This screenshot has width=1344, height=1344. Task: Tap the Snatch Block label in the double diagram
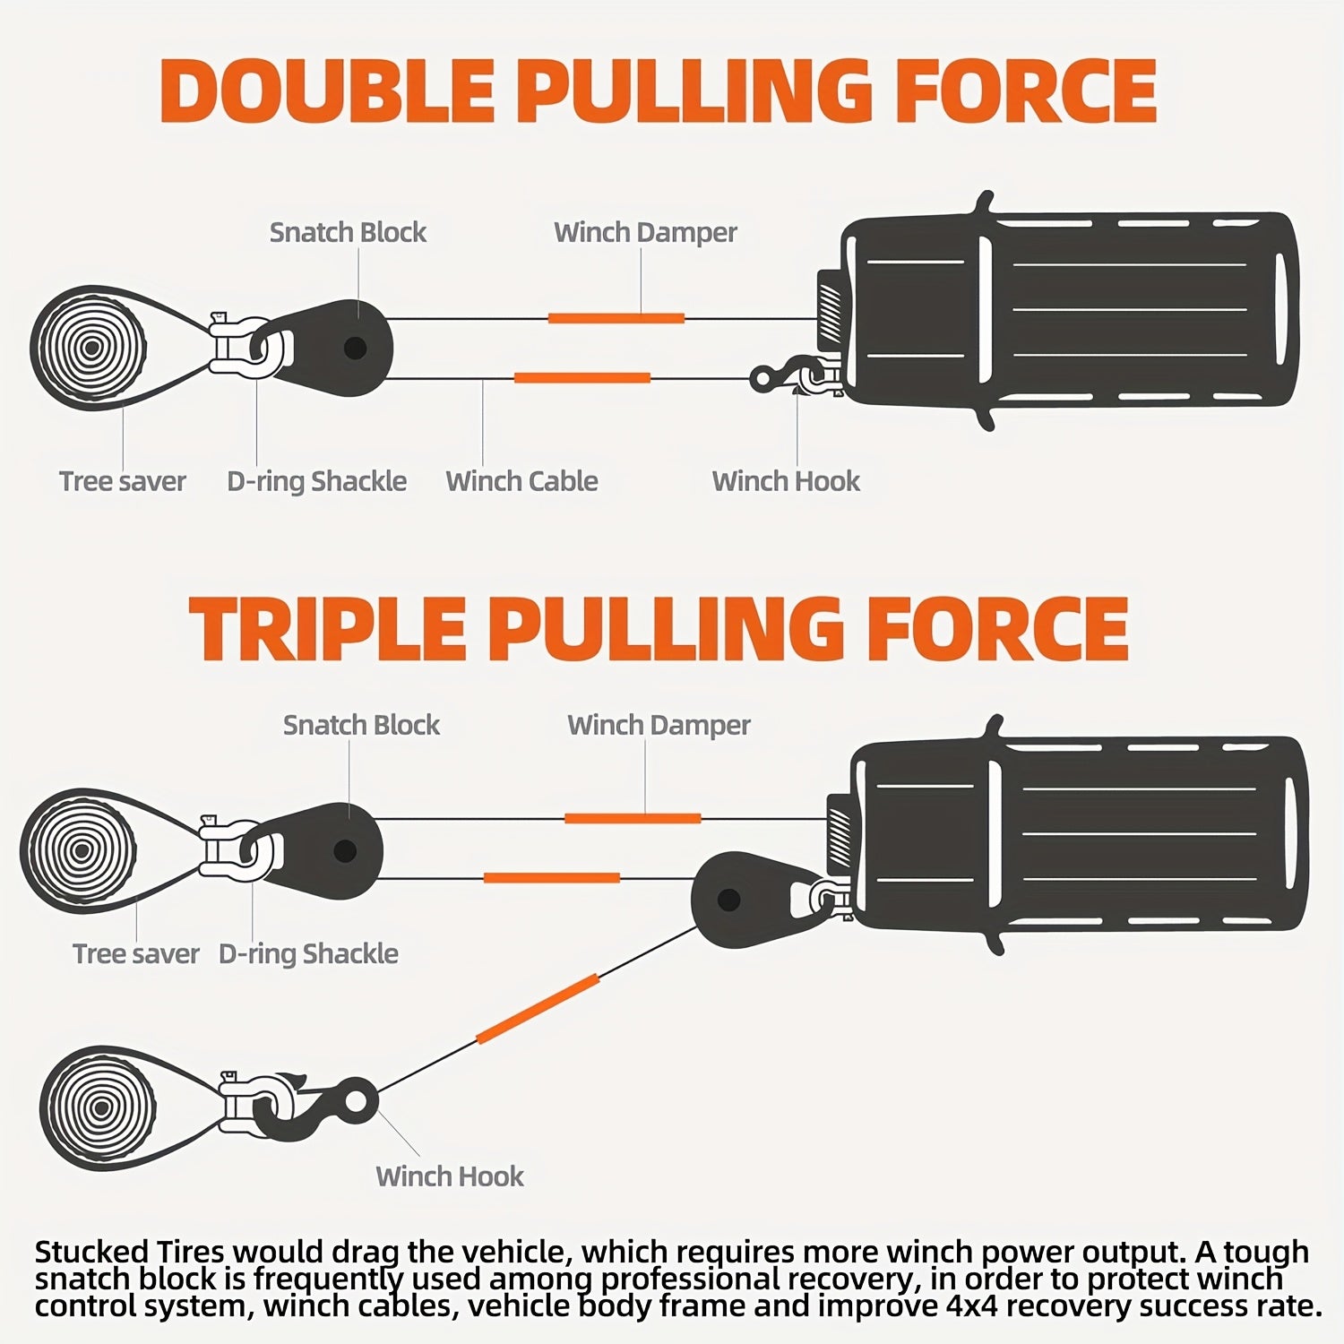pos(348,232)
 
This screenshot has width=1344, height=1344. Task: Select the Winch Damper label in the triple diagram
pos(659,725)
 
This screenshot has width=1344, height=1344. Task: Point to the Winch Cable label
pos(521,481)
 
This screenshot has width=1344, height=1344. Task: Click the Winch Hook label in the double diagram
pos(786,481)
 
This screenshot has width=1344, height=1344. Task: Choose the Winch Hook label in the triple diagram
pos(450,1176)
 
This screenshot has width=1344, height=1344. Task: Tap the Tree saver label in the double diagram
pos(123,481)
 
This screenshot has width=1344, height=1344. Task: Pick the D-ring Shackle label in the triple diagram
pos(308,953)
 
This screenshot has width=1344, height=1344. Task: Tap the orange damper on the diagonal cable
pos(538,1009)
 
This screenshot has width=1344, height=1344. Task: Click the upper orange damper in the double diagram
pos(616,318)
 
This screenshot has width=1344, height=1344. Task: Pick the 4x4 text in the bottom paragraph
pos(974,1306)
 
